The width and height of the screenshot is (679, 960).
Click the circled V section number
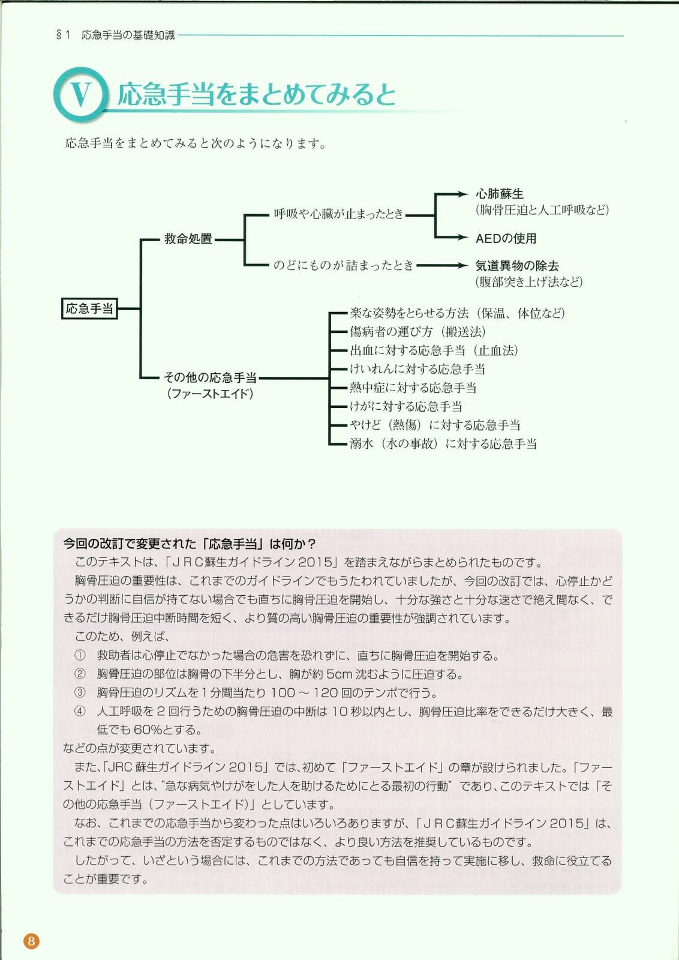click(81, 94)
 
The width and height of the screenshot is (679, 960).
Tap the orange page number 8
click(31, 940)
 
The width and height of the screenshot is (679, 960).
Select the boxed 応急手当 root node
click(89, 309)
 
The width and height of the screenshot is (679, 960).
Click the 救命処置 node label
click(188, 239)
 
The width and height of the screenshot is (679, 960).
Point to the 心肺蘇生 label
click(499, 194)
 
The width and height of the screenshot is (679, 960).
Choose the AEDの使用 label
click(506, 238)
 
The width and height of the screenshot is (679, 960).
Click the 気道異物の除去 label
click(517, 265)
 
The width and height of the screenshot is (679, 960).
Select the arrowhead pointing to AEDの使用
click(462, 238)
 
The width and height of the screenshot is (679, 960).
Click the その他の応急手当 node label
click(210, 377)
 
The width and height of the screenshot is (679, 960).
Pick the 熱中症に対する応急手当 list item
click(413, 388)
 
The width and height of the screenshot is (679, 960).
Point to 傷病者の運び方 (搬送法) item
click(417, 332)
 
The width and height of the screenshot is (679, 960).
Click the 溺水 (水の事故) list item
click(443, 444)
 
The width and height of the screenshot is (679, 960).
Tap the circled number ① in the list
click(80, 656)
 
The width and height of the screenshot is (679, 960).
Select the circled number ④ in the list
click(80, 712)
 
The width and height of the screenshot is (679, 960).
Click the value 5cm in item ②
click(338, 674)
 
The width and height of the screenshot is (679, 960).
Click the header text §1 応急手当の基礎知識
click(115, 35)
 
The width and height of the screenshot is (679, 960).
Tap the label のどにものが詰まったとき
click(343, 265)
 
